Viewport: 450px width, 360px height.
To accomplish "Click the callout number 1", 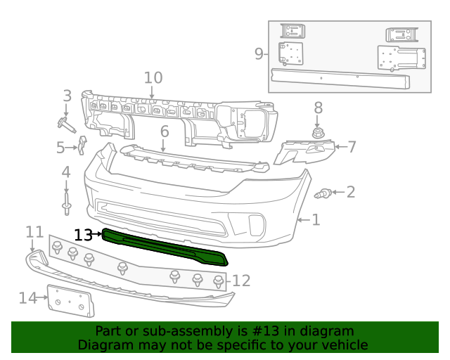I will [x=316, y=220].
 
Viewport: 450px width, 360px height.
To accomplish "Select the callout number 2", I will [x=350, y=191].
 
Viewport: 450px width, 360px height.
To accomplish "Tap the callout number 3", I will [x=67, y=96].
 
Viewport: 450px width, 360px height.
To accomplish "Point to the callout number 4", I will [x=66, y=172].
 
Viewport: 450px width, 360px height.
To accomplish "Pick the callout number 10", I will [x=164, y=131].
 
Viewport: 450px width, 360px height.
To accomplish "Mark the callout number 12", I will [x=241, y=281].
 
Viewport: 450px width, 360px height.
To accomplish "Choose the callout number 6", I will [x=164, y=131].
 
